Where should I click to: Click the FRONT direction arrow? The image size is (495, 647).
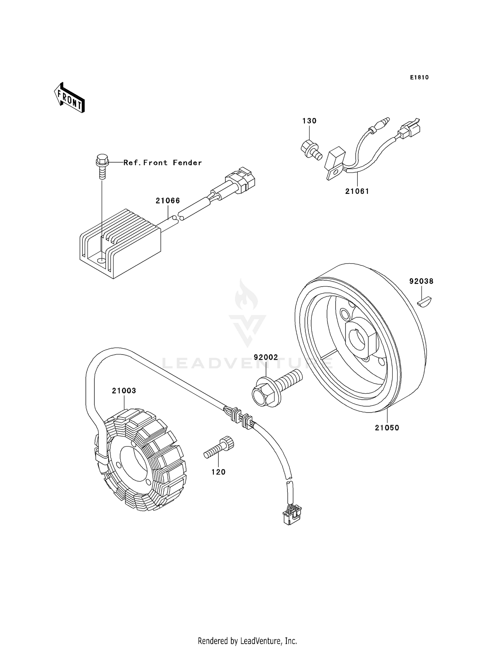pos(69,98)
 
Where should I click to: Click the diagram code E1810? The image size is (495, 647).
pos(419,77)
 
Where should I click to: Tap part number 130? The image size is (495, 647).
pos(309,121)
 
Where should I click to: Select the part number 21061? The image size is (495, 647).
pos(357,191)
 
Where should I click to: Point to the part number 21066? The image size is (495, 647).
pos(168,200)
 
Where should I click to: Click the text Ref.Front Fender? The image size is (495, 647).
pos(162,163)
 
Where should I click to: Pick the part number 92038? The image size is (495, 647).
pos(421,281)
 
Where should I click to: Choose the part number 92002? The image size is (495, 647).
pos(266,357)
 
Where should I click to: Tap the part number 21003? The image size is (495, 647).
pos(124,391)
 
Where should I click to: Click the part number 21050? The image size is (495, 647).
pos(387,428)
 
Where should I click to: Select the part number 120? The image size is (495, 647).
pos(218,472)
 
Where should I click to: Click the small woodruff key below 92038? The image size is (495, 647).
pos(424,301)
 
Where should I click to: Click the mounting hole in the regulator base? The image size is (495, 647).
pos(101,261)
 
